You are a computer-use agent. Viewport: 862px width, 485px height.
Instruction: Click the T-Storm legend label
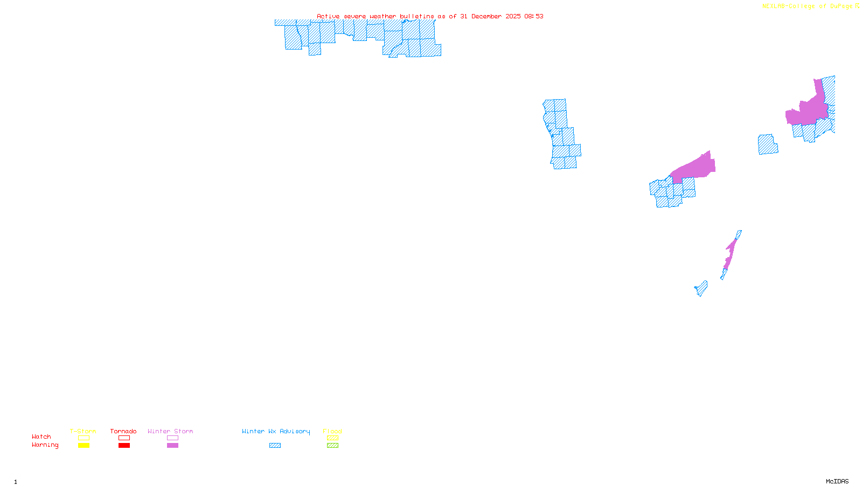point(83,431)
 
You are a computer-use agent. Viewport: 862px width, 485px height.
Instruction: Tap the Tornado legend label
point(123,431)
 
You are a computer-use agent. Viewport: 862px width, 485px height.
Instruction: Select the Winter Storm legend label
point(170,431)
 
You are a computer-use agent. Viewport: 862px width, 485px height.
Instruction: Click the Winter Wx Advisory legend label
point(276,431)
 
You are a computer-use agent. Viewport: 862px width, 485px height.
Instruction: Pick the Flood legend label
point(332,431)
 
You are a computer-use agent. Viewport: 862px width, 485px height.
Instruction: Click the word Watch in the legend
point(41,436)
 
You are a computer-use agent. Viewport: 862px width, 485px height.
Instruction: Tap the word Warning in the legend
point(45,445)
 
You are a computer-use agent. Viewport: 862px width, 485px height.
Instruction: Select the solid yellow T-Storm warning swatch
point(84,446)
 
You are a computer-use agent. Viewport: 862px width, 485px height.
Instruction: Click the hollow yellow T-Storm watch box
point(84,438)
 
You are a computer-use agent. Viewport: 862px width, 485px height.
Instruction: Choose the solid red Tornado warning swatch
point(124,446)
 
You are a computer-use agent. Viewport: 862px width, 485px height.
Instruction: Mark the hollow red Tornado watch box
point(124,438)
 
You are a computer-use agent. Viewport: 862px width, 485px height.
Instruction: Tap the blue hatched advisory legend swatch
point(275,446)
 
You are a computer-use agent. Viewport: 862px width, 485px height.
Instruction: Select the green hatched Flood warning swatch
point(333,446)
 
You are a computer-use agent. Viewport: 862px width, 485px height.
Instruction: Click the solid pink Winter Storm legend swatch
point(172,446)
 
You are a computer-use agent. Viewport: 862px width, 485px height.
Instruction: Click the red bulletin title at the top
point(430,16)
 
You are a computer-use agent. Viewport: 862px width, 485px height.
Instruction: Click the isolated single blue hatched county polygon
point(768,144)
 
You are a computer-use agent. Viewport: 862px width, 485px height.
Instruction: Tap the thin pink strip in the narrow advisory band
point(731,253)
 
